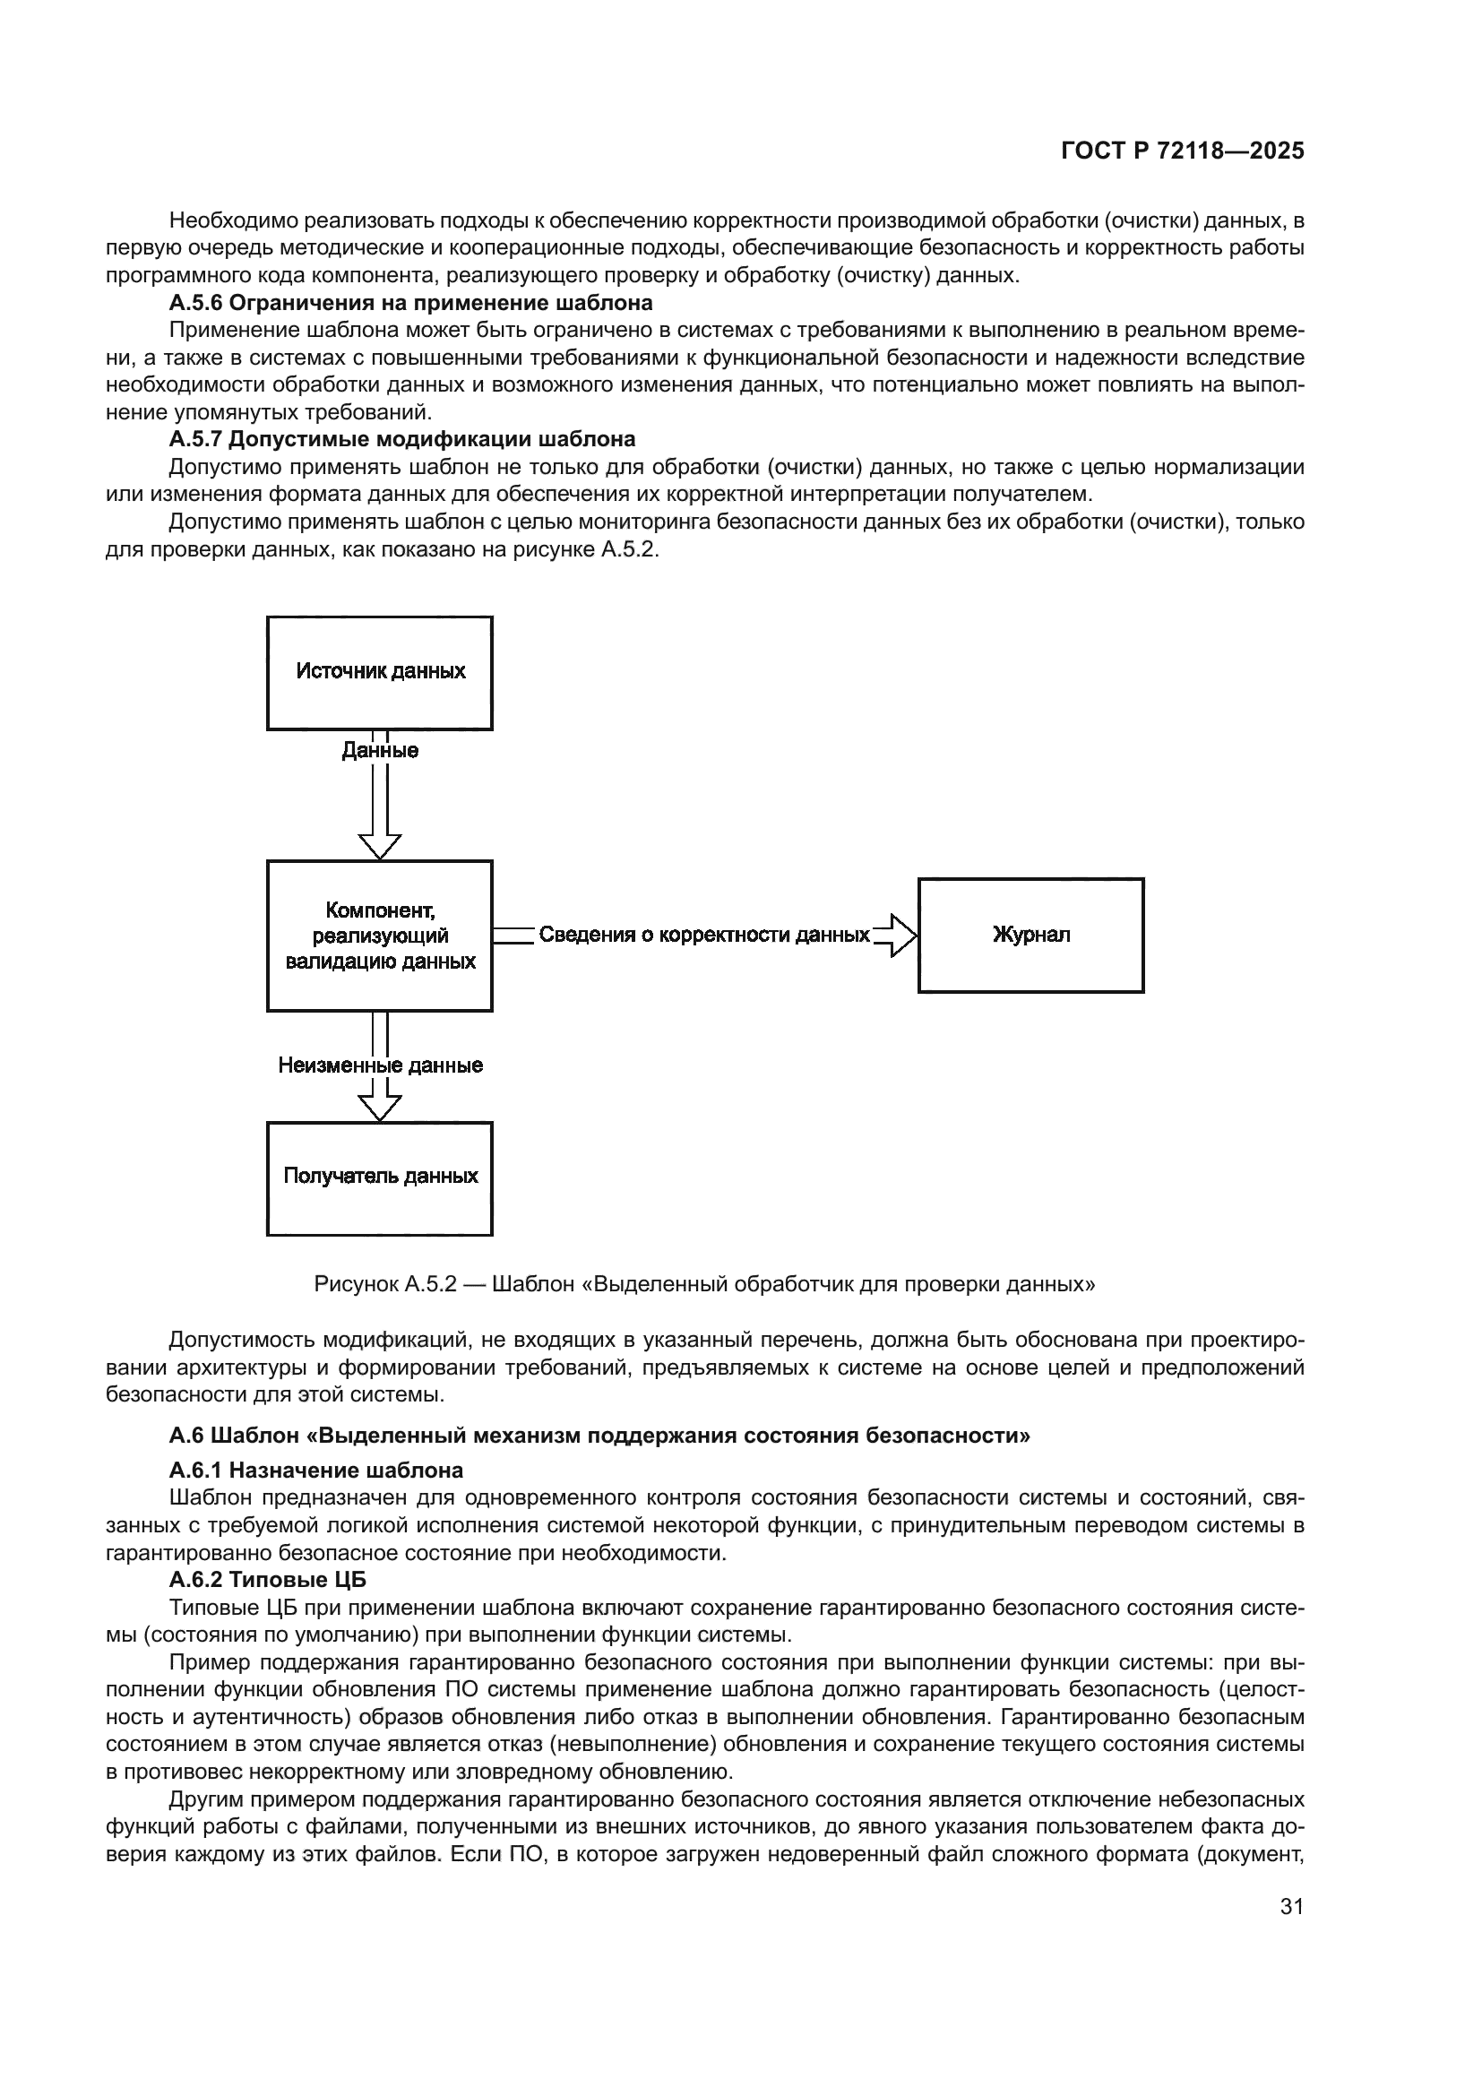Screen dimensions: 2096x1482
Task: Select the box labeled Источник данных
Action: coord(380,673)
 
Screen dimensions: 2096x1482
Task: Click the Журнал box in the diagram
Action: coord(1030,935)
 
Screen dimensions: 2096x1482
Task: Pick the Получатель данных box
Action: coord(380,1177)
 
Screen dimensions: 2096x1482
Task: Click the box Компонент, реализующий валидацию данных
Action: coord(380,936)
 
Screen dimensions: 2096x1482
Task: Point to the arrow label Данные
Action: coord(380,750)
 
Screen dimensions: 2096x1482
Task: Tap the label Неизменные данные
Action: coord(380,1065)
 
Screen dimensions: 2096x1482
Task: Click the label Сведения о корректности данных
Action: coord(703,935)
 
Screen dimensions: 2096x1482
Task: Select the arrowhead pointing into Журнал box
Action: coord(901,935)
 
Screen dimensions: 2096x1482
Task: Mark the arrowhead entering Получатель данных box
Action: coord(380,1107)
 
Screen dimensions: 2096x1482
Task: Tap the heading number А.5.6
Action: coord(195,302)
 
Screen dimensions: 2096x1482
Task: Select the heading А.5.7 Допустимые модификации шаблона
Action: coord(401,439)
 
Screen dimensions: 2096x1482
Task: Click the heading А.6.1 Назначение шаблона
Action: coord(315,1470)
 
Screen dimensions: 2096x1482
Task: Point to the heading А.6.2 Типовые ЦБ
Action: coord(267,1579)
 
